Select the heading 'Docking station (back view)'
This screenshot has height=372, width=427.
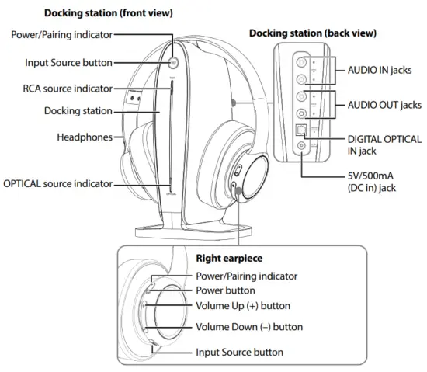312,33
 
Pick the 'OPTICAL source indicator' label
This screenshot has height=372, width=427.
57,184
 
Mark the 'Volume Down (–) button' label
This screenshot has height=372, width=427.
249,327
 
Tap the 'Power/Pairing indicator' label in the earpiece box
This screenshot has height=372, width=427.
247,276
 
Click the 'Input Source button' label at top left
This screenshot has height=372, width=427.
68,62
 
